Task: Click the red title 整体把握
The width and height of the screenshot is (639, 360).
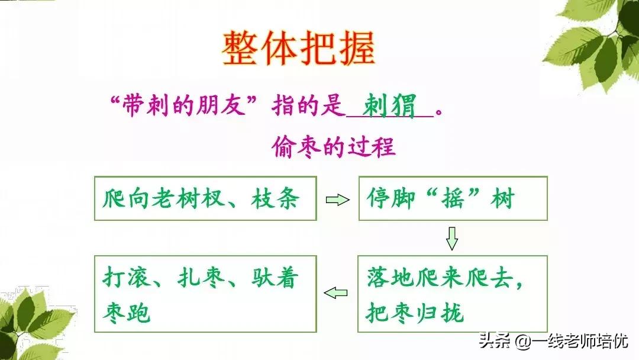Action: pos(298,49)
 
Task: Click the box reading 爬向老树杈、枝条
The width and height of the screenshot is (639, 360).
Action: pos(205,198)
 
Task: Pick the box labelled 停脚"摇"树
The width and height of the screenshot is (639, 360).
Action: pos(452,198)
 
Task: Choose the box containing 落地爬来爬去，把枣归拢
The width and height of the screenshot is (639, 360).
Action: pos(452,293)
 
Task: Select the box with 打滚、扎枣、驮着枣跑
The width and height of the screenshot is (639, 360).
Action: pos(205,293)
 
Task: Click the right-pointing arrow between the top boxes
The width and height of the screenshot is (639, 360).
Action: pos(337,200)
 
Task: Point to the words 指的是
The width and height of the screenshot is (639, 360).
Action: pos(308,107)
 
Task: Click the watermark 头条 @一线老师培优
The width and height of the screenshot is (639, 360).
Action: pos(554,341)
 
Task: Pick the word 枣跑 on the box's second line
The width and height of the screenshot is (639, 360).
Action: pos(126,313)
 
